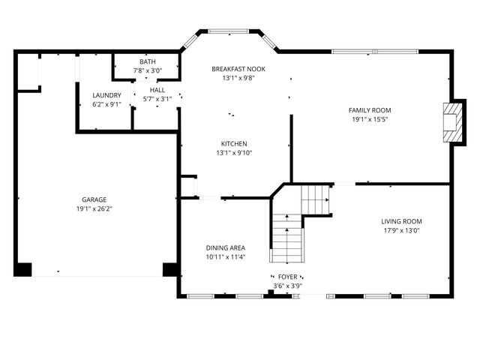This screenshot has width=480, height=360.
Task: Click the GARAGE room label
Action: pyautogui.click(x=94, y=200)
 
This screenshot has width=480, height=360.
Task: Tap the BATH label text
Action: pyautogui.click(x=148, y=61)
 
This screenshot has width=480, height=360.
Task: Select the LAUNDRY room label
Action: pyautogui.click(x=106, y=95)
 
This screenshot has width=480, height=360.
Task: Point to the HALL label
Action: pyautogui.click(x=157, y=90)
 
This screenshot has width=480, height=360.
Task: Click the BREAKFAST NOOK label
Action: pyautogui.click(x=238, y=69)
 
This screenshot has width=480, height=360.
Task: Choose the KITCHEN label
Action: pyautogui.click(x=234, y=144)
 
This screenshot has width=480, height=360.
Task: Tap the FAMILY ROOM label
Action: pyautogui.click(x=370, y=110)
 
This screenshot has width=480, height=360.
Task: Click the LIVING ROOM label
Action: pyautogui.click(x=402, y=221)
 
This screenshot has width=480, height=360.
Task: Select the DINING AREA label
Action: pyautogui.click(x=226, y=248)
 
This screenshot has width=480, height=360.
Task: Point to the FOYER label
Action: pyautogui.click(x=287, y=277)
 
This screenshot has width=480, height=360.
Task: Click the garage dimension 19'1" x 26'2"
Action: pyautogui.click(x=94, y=209)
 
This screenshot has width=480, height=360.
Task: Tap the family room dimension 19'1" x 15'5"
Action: pyautogui.click(x=370, y=119)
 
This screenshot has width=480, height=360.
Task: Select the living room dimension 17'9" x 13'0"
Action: pyautogui.click(x=402, y=230)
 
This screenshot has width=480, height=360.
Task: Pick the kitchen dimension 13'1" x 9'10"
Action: pyautogui.click(x=234, y=153)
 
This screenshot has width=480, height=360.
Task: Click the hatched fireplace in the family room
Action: pyautogui.click(x=453, y=122)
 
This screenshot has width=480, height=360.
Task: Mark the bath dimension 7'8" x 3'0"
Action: pyautogui.click(x=148, y=70)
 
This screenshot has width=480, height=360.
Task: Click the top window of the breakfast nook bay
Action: pyautogui.click(x=228, y=31)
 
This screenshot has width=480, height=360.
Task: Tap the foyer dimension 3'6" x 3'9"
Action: pyautogui.click(x=288, y=286)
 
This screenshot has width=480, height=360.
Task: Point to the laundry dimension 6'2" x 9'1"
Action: pyautogui.click(x=106, y=104)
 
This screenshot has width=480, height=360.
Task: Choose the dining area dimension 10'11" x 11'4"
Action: pyautogui.click(x=226, y=257)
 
